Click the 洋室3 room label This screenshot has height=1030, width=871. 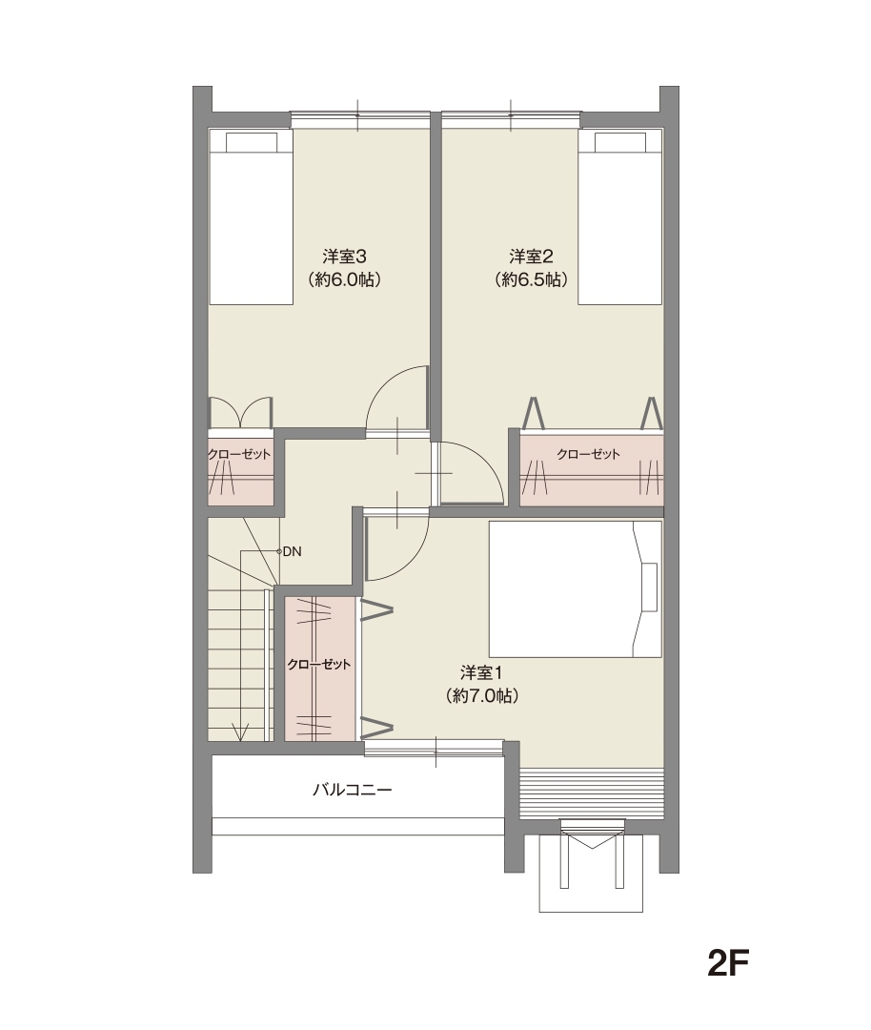point(344,256)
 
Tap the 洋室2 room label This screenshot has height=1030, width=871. point(531,256)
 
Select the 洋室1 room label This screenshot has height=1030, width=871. point(481,672)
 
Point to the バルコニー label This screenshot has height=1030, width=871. point(352,789)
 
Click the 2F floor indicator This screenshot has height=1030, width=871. point(728,963)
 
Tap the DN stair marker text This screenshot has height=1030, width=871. point(293,552)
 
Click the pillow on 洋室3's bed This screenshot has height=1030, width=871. point(252,142)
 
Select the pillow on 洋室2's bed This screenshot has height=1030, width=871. point(621,142)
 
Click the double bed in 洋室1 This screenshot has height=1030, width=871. point(575,588)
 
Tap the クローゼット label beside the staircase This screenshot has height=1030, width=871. point(319,664)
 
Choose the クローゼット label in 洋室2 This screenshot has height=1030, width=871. point(588,454)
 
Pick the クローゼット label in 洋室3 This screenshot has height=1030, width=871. point(239,454)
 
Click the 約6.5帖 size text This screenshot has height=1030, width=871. point(531,279)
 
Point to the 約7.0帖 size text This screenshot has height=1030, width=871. point(481,695)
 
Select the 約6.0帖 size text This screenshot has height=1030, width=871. point(344,279)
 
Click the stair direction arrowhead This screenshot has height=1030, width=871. point(241,731)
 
